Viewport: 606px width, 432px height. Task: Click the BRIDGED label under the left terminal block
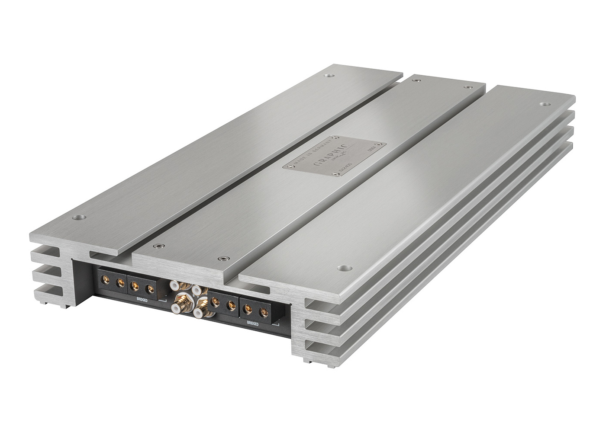(137, 298)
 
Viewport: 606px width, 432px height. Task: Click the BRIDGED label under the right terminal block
(251, 323)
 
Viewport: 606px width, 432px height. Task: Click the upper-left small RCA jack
(174, 285)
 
